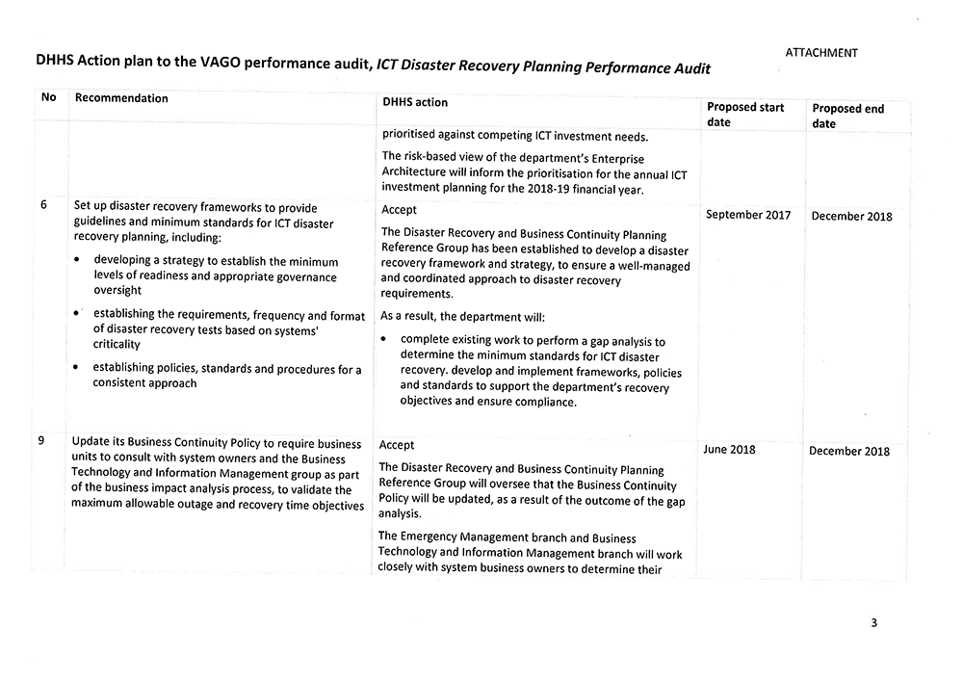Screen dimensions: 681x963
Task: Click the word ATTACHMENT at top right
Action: [x=820, y=53]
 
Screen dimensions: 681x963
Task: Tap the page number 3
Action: [x=873, y=622]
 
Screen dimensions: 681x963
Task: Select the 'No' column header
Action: [x=48, y=97]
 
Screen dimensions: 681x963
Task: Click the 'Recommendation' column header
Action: [x=121, y=98]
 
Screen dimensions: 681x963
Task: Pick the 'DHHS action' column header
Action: [x=415, y=102]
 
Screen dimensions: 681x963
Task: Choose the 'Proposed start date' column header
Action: [x=745, y=115]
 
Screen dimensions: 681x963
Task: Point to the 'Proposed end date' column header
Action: [x=847, y=117]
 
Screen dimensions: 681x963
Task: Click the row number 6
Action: [x=44, y=205]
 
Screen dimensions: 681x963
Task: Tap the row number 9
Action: [x=41, y=440]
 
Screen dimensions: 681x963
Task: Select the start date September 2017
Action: [x=748, y=215]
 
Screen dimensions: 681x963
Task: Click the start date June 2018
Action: [x=729, y=450]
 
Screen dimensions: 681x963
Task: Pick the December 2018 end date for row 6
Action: [x=851, y=217]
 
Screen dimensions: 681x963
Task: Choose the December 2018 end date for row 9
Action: [x=849, y=451]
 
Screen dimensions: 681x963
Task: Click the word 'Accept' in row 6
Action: [x=400, y=210]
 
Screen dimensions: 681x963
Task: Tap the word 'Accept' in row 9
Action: [x=397, y=445]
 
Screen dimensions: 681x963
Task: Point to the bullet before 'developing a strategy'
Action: [x=77, y=261]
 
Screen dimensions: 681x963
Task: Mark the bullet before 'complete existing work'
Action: [x=384, y=340]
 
